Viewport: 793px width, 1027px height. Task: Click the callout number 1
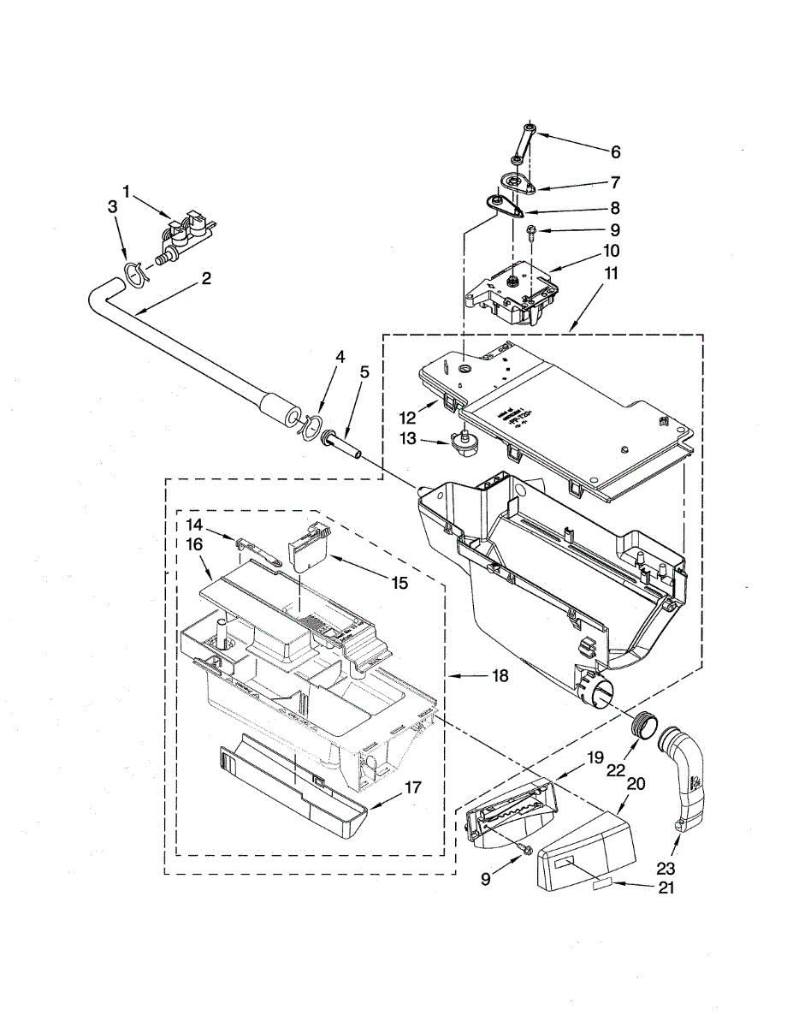coord(127,193)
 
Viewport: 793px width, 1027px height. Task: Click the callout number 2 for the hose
coord(206,278)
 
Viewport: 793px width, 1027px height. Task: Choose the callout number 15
coord(399,582)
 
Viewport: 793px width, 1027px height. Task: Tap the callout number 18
coord(500,676)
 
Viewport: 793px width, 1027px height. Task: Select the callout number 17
coord(412,787)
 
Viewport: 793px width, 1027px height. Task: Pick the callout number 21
coord(666,888)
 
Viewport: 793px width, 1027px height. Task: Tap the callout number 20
coord(636,784)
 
